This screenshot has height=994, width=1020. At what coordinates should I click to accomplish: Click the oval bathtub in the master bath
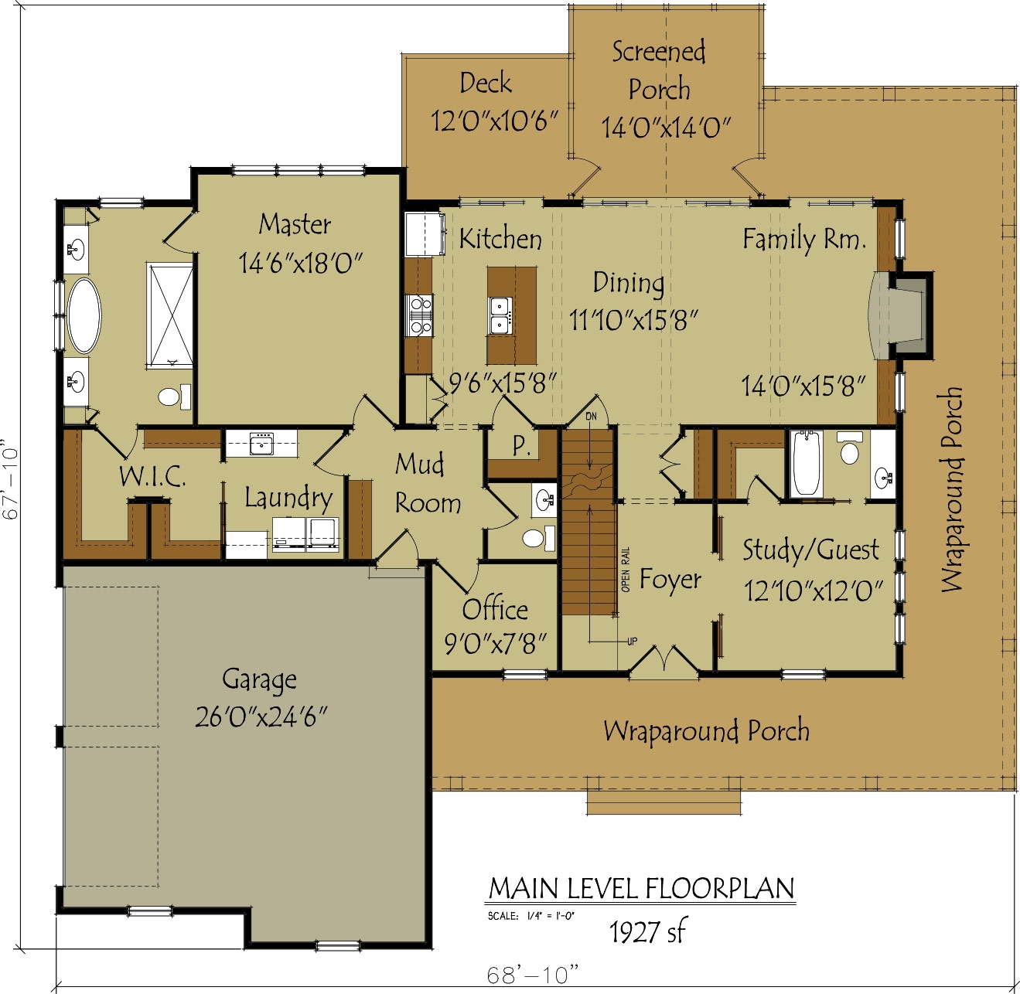click(x=84, y=315)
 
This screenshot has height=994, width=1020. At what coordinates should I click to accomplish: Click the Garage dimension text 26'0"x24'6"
click(x=261, y=717)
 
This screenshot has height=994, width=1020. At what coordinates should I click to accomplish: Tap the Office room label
click(x=495, y=610)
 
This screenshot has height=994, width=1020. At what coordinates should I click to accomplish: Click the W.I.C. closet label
click(x=152, y=476)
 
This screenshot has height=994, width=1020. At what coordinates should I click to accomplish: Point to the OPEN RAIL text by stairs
click(x=626, y=570)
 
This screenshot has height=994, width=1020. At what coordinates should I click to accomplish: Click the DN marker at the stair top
click(x=591, y=417)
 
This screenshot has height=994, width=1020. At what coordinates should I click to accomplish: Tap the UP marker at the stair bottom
click(x=632, y=642)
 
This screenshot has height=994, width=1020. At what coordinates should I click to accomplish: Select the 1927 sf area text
click(x=646, y=932)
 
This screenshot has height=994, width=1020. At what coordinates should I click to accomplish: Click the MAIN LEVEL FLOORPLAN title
click(x=641, y=889)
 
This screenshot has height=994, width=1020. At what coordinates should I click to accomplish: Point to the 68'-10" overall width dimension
click(x=532, y=975)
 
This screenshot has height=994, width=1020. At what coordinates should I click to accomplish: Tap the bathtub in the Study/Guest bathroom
click(x=806, y=464)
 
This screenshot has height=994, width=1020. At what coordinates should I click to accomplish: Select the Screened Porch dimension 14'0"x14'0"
click(x=666, y=128)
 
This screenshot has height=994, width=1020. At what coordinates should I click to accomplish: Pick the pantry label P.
click(x=521, y=446)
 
